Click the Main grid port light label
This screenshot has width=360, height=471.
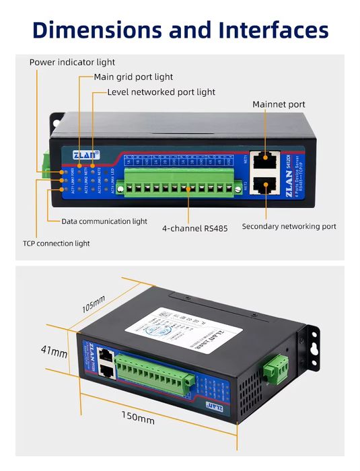pos(133,77)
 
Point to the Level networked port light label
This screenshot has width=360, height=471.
pos(161,92)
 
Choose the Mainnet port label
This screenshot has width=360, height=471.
pos(279,104)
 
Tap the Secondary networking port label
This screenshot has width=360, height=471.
pos(289,227)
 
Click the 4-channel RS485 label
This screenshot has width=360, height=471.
pos(194,228)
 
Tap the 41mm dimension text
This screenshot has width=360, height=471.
pos(54,352)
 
